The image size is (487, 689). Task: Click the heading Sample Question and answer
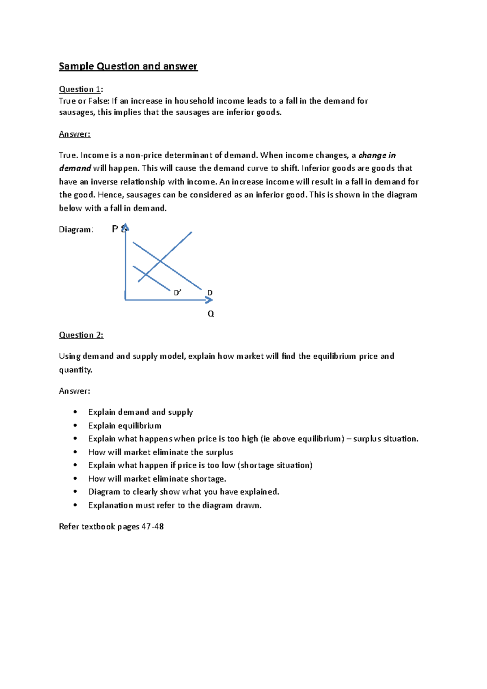click(x=128, y=66)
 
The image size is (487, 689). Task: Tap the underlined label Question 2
click(x=81, y=335)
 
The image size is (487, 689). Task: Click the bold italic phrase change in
click(x=377, y=155)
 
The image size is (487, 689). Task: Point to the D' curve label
click(x=177, y=293)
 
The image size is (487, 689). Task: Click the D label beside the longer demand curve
click(x=210, y=293)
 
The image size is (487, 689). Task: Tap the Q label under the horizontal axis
click(x=211, y=314)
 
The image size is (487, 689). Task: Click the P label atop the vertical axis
click(x=115, y=229)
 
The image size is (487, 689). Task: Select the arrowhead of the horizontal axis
click(x=209, y=300)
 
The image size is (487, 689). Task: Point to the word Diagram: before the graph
click(x=76, y=230)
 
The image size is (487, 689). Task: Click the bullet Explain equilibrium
click(x=125, y=426)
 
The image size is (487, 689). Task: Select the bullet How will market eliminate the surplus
click(x=160, y=452)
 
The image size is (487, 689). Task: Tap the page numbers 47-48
click(x=153, y=527)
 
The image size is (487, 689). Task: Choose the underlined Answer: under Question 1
click(x=75, y=134)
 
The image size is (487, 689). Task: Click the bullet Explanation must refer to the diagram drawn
click(x=175, y=505)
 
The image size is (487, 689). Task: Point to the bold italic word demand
click(x=75, y=168)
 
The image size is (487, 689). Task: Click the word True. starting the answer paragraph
click(x=68, y=155)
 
